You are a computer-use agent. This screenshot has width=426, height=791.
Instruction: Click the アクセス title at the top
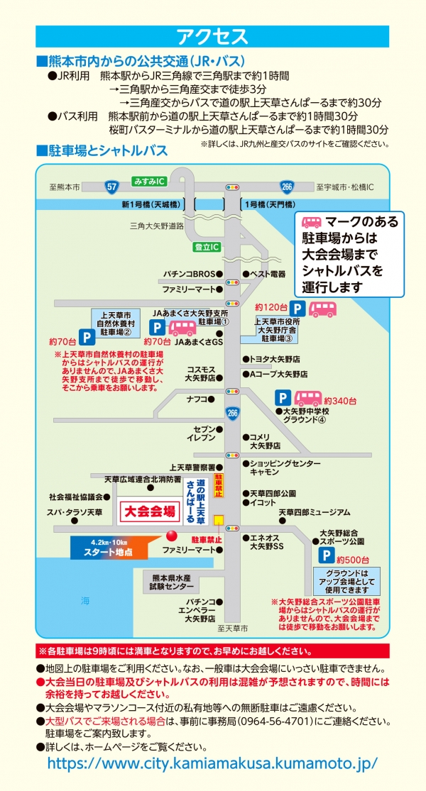212,36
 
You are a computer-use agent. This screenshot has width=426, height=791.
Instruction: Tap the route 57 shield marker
111,187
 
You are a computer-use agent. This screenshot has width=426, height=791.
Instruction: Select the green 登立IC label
207,246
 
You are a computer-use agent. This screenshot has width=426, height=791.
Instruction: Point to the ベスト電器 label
267,274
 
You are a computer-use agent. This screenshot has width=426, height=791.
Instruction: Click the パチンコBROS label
188,274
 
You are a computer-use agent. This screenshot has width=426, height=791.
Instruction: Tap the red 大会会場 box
150,511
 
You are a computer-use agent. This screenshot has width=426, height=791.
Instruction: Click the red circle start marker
170,536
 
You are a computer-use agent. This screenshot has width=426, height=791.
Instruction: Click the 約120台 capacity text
270,306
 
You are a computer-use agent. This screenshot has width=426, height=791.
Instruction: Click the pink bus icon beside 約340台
308,399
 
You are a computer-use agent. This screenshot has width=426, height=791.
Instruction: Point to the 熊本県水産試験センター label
171,582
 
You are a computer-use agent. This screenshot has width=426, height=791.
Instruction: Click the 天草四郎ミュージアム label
314,512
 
